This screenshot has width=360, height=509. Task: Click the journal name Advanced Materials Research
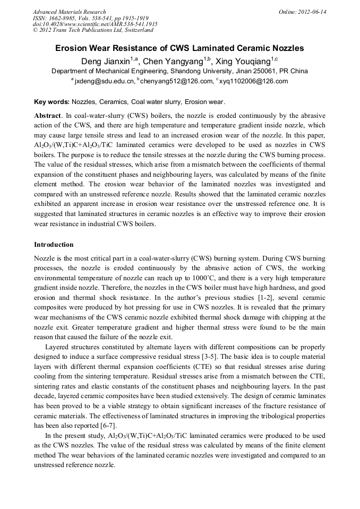click(x=70, y=12)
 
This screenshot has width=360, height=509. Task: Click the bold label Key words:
click(x=52, y=101)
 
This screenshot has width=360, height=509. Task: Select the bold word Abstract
click(x=47, y=115)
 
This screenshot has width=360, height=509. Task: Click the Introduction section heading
click(x=54, y=245)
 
